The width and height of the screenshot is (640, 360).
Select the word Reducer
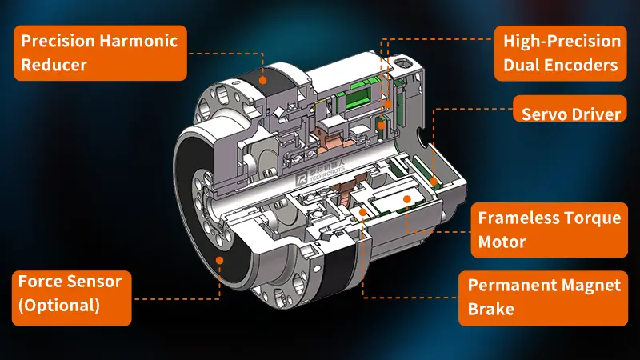(x=54, y=65)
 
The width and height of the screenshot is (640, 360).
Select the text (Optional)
(x=59, y=305)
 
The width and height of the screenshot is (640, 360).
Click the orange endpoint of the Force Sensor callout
(x=221, y=256)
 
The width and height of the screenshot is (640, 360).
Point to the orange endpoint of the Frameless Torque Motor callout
(x=408, y=198)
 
